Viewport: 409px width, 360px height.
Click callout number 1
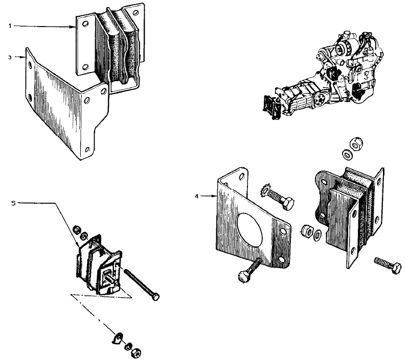[x=10, y=26]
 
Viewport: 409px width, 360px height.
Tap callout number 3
[x=10, y=57]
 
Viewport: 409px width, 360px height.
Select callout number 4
[x=196, y=196]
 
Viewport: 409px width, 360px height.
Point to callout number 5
[x=14, y=203]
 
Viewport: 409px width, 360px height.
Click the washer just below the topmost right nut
[x=348, y=155]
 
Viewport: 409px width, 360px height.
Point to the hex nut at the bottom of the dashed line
[x=136, y=353]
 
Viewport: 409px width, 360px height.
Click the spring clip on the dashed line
[x=117, y=339]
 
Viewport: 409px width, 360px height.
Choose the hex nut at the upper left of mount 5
[x=77, y=230]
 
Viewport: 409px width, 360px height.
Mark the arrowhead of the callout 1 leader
[x=74, y=27]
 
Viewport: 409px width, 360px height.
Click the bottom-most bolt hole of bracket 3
[x=87, y=150]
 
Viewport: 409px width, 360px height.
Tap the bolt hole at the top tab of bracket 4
[x=242, y=176]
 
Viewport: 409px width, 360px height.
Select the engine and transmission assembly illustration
[x=323, y=75]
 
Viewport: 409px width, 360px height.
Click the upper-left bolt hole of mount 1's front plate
[x=84, y=24]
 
